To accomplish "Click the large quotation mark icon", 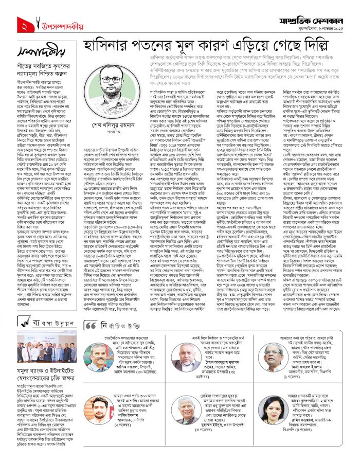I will pyautogui.click(x=89, y=326).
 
